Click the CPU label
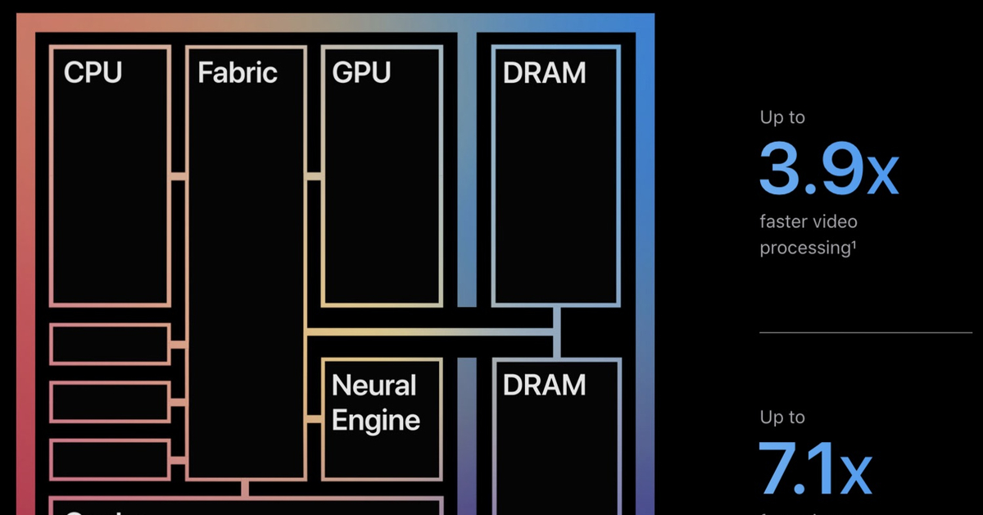pyautogui.click(x=93, y=72)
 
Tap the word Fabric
pyautogui.click(x=238, y=72)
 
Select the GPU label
pyautogui.click(x=361, y=72)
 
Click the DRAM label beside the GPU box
pyautogui.click(x=544, y=72)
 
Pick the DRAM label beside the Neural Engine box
pyautogui.click(x=544, y=384)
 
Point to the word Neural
pyautogui.click(x=374, y=385)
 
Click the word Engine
pyautogui.click(x=376, y=420)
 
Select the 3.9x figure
pyautogui.click(x=828, y=170)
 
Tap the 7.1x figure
pyautogui.click(x=814, y=470)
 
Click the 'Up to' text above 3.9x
pyautogui.click(x=782, y=117)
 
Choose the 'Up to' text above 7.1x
pyautogui.click(x=782, y=417)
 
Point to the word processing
pyautogui.click(x=807, y=248)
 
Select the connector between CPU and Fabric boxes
pyautogui.click(x=178, y=175)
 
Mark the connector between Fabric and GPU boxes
pyautogui.click(x=313, y=175)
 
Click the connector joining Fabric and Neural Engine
pyautogui.click(x=313, y=420)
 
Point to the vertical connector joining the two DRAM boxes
pyautogui.click(x=556, y=332)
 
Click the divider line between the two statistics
pyautogui.click(x=865, y=332)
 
